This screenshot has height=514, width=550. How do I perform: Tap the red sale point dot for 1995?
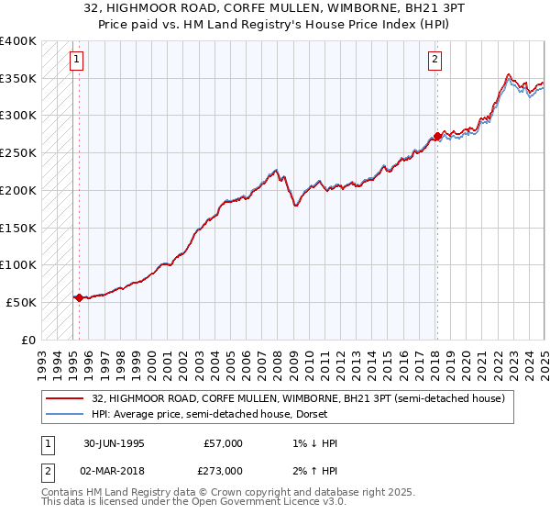point(79,297)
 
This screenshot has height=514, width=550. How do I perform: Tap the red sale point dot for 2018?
point(437,137)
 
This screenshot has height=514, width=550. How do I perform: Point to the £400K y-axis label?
point(18,41)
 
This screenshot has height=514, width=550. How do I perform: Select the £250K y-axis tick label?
point(18,153)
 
